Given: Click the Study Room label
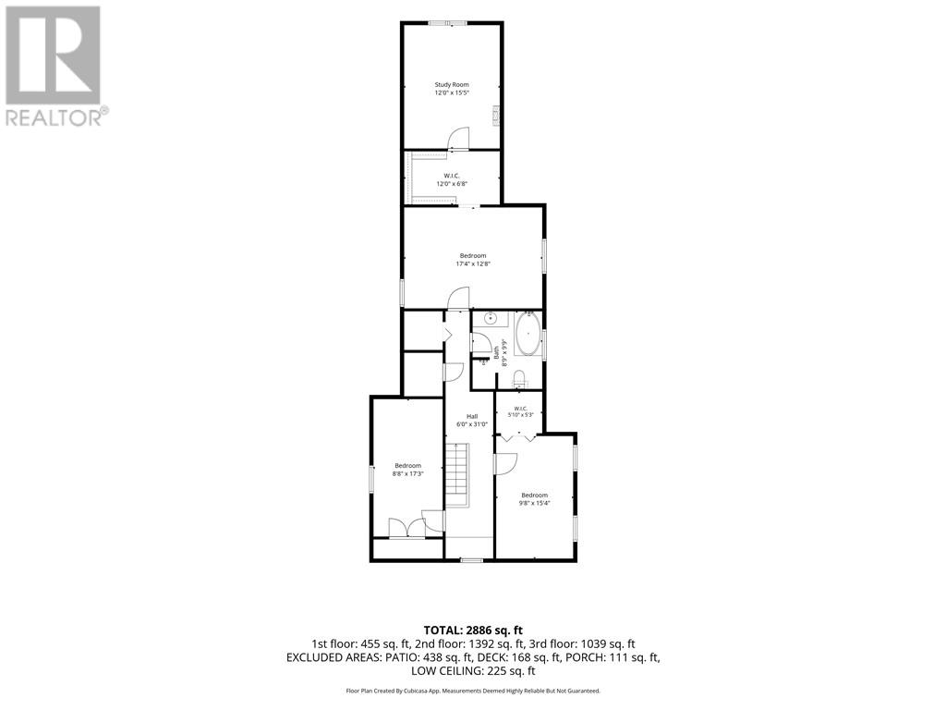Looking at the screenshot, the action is tap(452, 85).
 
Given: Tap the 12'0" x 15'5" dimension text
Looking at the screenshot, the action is tap(452, 93).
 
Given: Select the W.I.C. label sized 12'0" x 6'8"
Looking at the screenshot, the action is tap(452, 179).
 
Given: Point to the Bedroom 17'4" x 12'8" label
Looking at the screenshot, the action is tap(473, 260).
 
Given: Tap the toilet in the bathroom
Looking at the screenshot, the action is tap(519, 378).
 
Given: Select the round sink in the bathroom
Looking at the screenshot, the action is tap(491, 318).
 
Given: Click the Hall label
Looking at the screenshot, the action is tap(472, 417).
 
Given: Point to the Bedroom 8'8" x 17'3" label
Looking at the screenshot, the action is tap(407, 470).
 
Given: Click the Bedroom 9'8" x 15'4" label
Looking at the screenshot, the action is tap(535, 499).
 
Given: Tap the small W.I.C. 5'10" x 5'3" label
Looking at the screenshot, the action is tap(520, 411).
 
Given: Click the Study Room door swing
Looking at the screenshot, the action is tap(459, 138).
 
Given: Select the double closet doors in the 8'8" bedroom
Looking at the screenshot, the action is tap(407, 528).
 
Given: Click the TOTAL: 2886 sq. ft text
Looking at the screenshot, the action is tap(473, 630).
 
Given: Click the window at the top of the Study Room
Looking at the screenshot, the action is tap(448, 23).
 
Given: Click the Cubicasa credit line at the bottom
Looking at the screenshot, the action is tap(473, 691).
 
